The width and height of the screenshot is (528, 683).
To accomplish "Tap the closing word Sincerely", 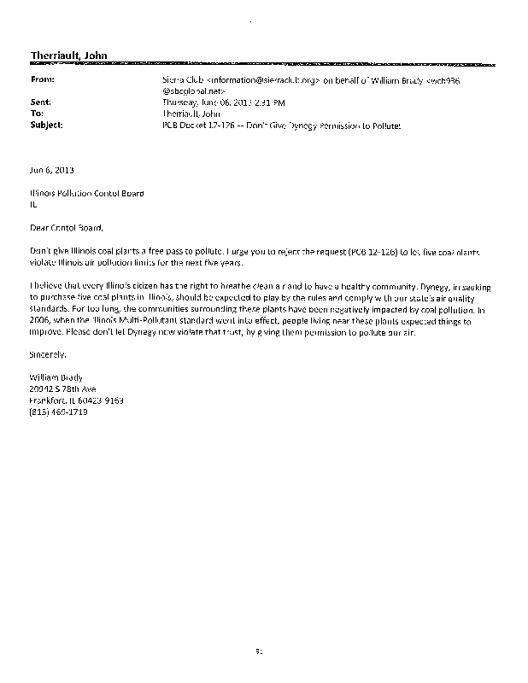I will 47,354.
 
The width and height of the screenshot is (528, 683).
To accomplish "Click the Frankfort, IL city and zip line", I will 75,400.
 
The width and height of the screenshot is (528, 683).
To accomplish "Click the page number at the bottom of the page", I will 257,651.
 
